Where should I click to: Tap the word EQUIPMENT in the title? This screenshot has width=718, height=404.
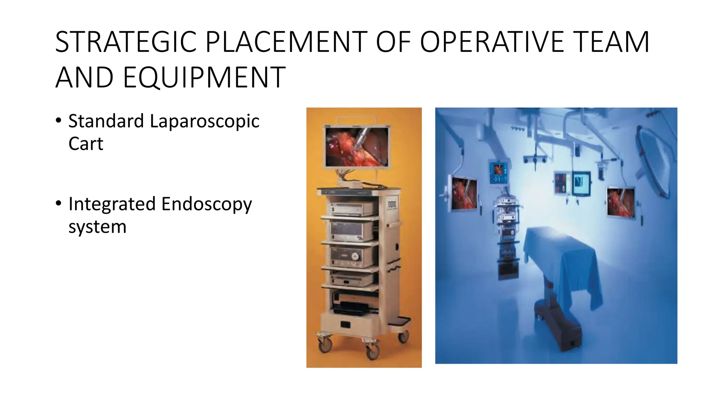pos(204,78)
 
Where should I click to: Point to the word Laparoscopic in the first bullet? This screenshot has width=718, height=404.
pos(204,121)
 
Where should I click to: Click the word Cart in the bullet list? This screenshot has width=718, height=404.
pos(86,144)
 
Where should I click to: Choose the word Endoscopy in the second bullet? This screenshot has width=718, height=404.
pos(206,204)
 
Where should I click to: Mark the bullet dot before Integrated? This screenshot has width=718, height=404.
pos(58,203)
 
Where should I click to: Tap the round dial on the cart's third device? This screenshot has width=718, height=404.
pos(355,256)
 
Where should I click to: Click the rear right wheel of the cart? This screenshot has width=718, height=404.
pos(404,337)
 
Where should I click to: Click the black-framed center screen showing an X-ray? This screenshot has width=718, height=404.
pos(581,183)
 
